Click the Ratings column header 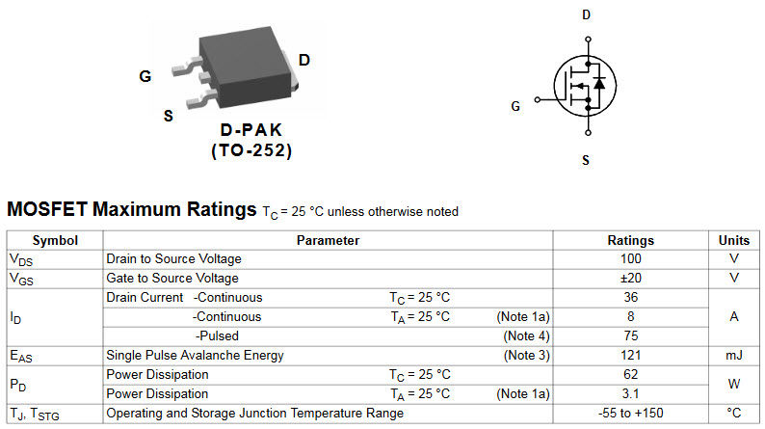click(x=630, y=240)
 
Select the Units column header click(x=734, y=240)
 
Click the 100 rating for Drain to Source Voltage click(x=631, y=258)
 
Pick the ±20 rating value click(x=631, y=278)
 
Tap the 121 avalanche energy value click(x=631, y=355)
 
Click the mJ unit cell click(x=734, y=356)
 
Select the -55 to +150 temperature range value click(x=631, y=413)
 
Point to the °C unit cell click(x=734, y=413)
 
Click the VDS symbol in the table click(x=21, y=260)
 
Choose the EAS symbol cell click(x=21, y=357)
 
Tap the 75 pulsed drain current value click(x=631, y=335)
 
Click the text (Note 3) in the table click(x=526, y=356)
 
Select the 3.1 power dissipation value click(x=631, y=393)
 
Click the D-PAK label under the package click(x=251, y=130)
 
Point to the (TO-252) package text click(x=251, y=150)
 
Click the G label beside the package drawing click(x=145, y=76)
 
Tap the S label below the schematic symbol click(x=586, y=160)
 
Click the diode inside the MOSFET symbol click(x=599, y=84)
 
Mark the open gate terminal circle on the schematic click(x=538, y=99)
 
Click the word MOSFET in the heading click(x=47, y=209)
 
